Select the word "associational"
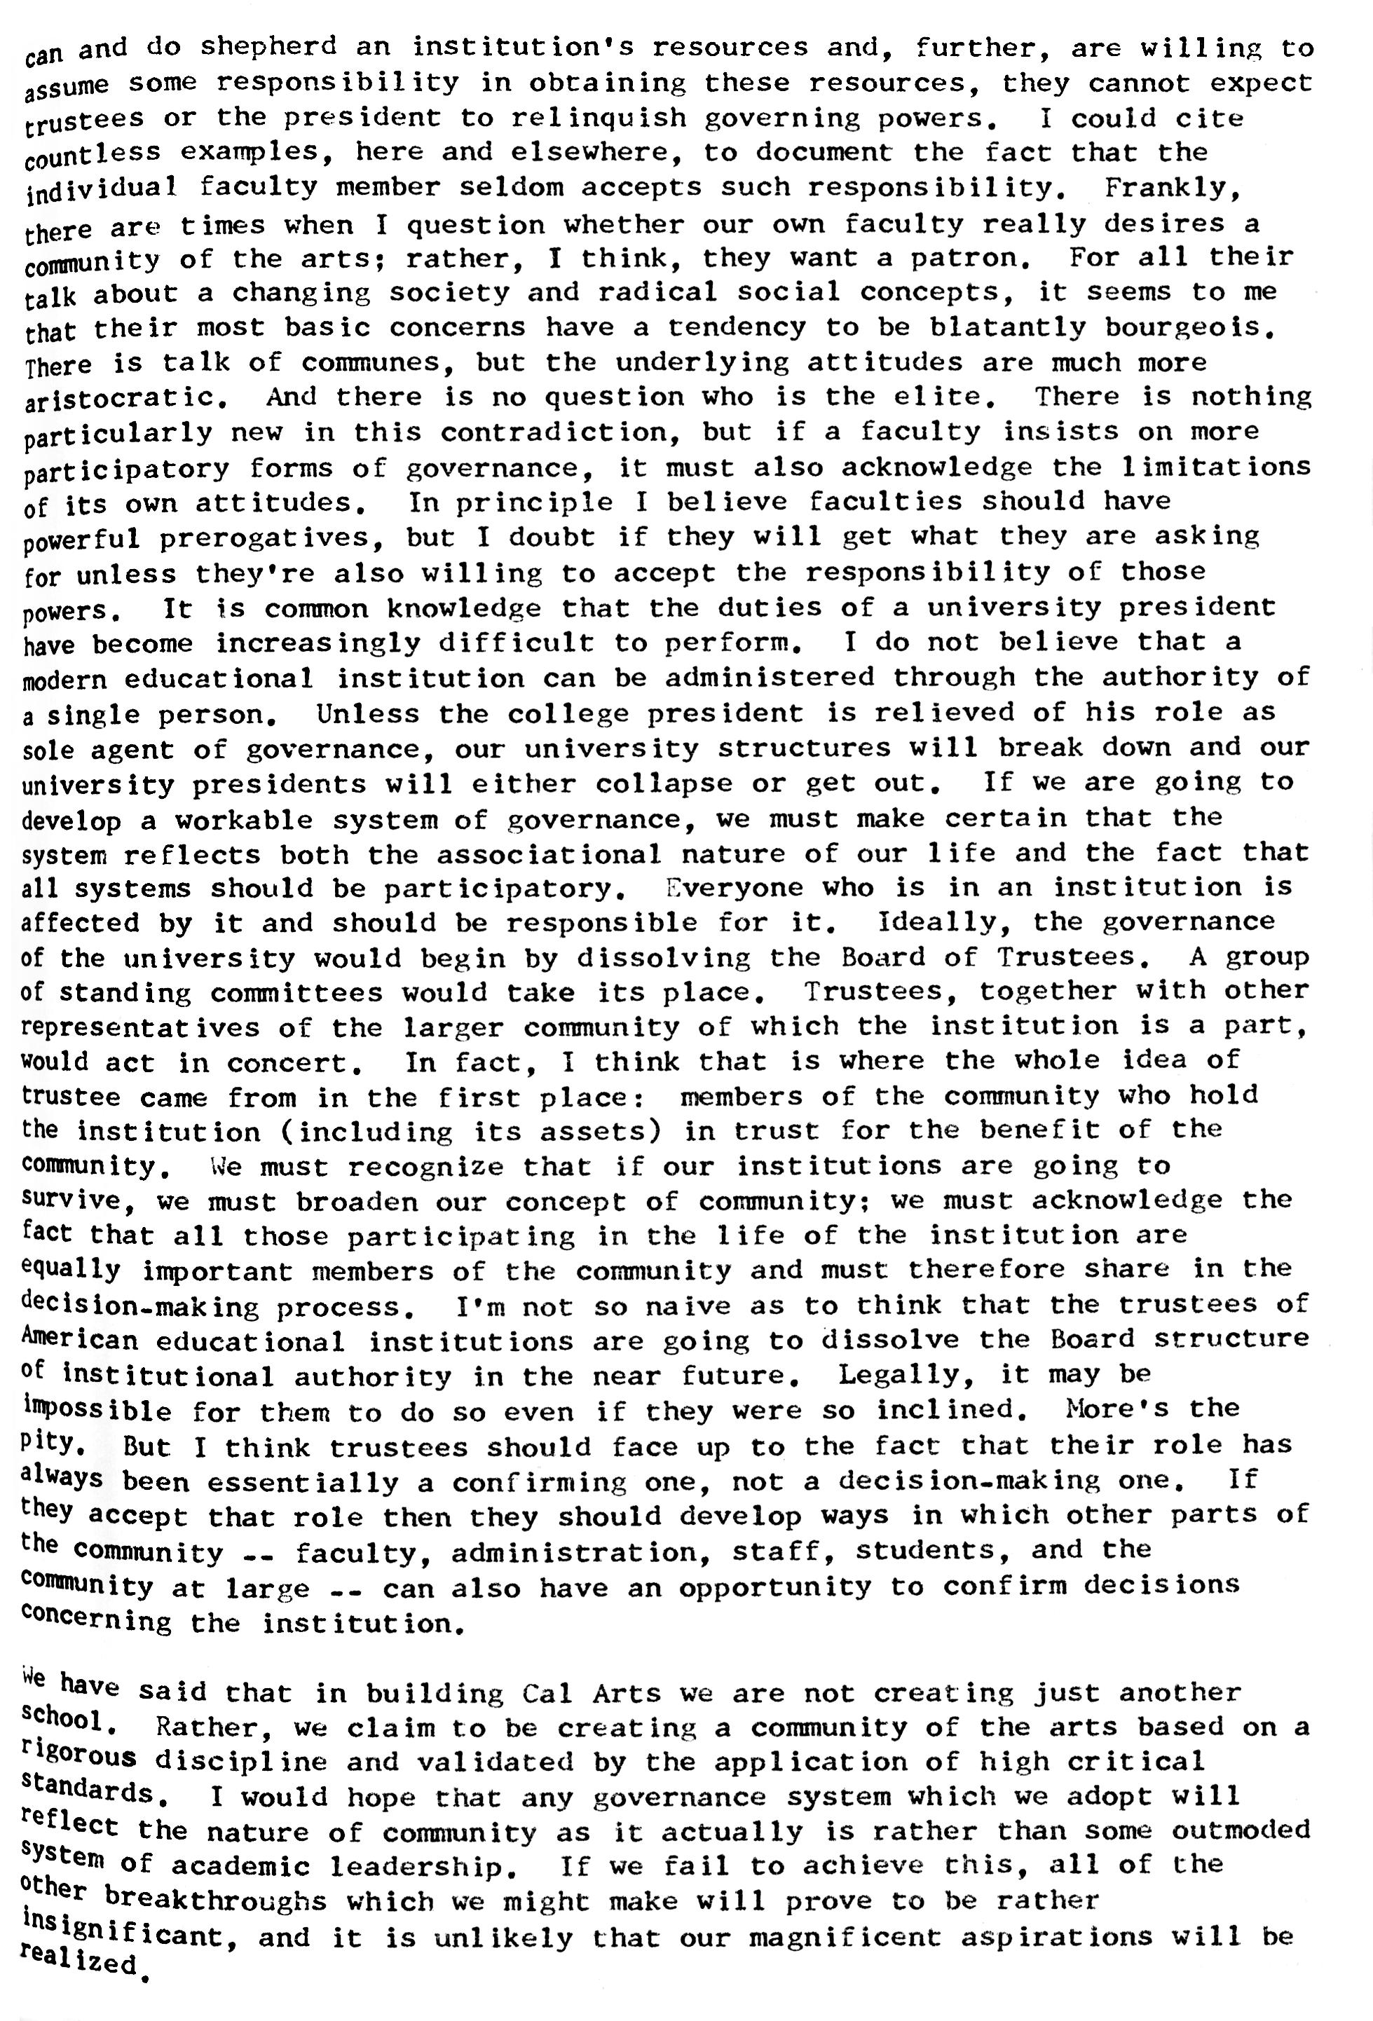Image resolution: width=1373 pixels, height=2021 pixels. point(548,854)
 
